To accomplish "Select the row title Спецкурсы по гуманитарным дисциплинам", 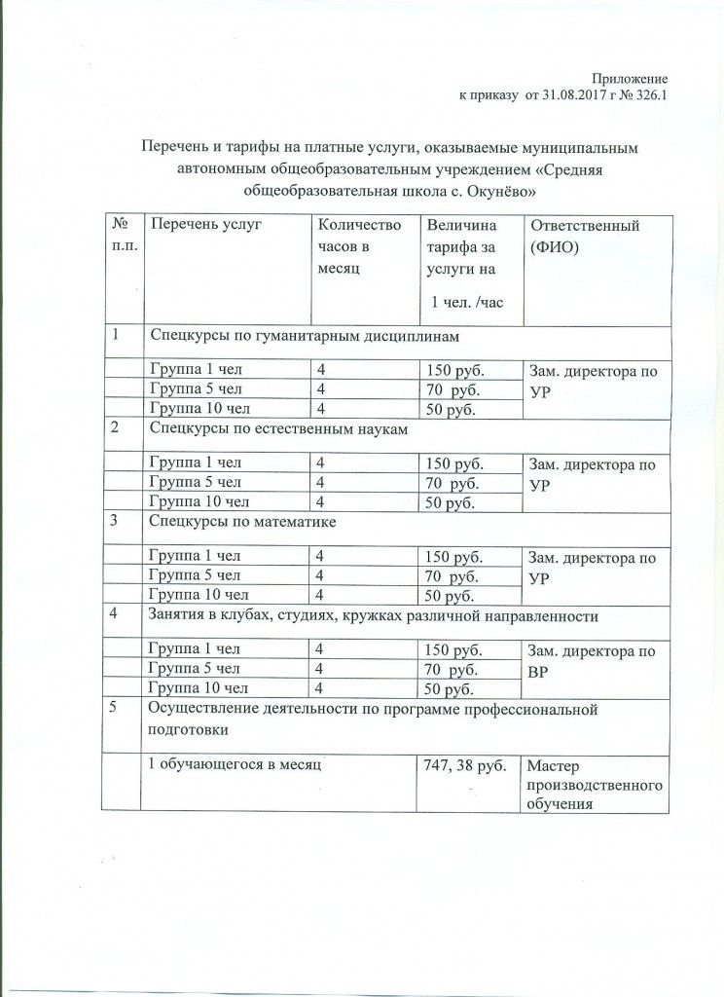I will [x=304, y=337].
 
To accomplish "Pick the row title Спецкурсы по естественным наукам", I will [x=276, y=429].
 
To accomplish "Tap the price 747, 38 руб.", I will [x=465, y=766].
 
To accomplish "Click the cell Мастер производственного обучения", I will [x=594, y=785].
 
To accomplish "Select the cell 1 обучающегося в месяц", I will [x=230, y=766].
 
